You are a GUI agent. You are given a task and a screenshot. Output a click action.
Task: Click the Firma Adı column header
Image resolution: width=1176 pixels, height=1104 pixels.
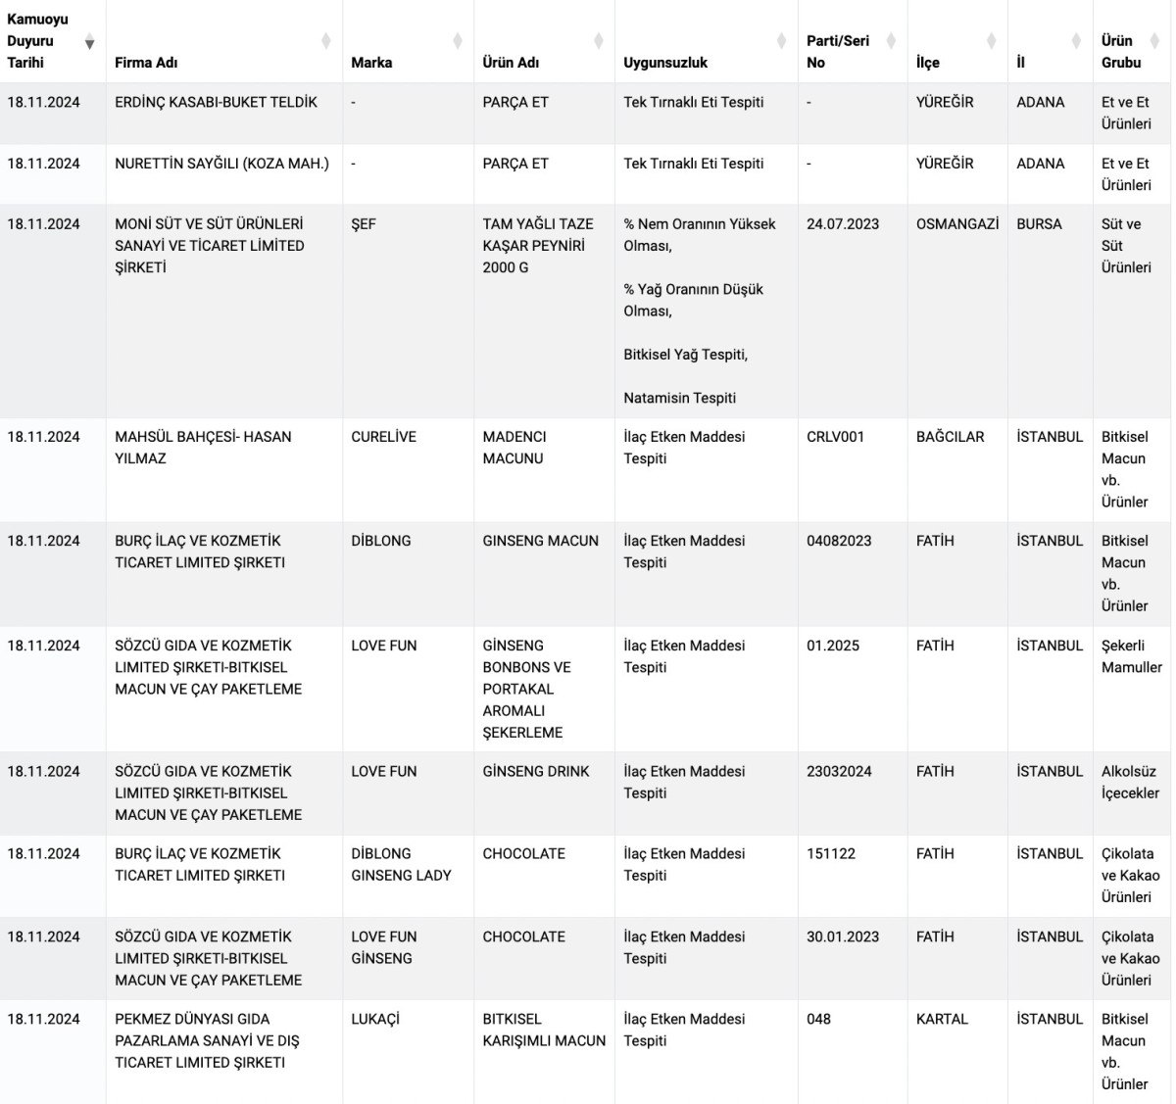[147, 63]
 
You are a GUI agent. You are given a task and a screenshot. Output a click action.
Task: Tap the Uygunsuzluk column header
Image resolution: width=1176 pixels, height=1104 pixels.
[665, 63]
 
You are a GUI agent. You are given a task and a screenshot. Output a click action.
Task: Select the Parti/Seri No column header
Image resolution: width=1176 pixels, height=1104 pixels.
[838, 51]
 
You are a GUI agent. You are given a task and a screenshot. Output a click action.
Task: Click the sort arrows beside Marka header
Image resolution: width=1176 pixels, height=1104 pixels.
[458, 41]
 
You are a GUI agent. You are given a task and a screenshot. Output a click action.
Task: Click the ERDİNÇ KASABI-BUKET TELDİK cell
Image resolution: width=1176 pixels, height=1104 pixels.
[216, 102]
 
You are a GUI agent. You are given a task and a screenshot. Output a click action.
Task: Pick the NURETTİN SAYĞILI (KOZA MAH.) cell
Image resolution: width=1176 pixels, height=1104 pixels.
[221, 164]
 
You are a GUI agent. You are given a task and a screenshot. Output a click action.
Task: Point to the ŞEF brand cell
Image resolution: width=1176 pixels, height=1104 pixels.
[364, 224]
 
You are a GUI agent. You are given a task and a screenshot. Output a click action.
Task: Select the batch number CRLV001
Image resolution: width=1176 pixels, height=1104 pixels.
[835, 437]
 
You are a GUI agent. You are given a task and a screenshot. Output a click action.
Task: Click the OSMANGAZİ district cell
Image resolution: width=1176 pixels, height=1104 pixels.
[957, 224]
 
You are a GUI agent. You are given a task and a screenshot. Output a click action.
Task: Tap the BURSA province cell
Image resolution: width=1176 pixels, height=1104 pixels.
[1039, 224]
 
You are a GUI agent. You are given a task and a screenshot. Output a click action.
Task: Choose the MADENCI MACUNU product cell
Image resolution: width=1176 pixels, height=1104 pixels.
[514, 448]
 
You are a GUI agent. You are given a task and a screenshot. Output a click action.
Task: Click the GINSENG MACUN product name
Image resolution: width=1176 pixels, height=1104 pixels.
[540, 541]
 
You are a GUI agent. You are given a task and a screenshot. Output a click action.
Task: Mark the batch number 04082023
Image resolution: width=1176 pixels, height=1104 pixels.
[839, 541]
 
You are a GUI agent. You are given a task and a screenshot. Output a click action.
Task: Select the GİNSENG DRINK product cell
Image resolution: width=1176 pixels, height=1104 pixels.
[536, 772]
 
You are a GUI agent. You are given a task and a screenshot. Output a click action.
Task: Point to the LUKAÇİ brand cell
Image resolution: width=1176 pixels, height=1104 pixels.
[375, 1020]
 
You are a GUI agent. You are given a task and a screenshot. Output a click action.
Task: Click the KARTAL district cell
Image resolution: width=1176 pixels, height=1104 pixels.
[942, 1020]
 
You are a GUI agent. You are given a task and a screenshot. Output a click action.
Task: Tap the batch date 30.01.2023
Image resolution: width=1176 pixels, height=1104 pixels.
[843, 937]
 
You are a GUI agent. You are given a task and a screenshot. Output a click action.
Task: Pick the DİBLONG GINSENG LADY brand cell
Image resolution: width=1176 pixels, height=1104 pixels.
[401, 865]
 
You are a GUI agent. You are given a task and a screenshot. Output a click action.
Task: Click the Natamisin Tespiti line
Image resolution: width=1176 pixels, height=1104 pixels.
[679, 398]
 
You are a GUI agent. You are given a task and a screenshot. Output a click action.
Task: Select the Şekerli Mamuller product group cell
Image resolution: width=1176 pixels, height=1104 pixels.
[1131, 656]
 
